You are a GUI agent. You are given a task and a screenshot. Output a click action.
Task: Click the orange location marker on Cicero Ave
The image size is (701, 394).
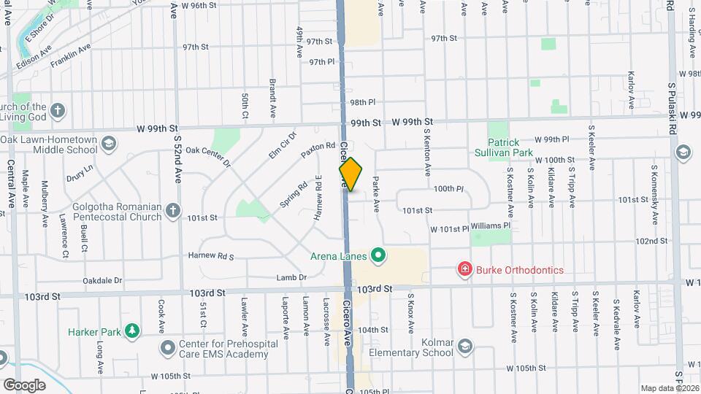pyautogui.click(x=350, y=174)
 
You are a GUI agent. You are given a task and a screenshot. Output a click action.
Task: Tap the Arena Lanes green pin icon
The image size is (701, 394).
pyautogui.click(x=378, y=255)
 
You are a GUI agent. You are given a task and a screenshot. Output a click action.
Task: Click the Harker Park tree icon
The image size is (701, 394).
pyautogui.click(x=131, y=331)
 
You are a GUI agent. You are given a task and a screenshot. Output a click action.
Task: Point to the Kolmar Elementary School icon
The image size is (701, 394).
pyautogui.click(x=464, y=347)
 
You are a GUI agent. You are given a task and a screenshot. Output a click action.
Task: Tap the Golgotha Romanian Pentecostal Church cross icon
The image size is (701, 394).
pyautogui.click(x=173, y=211)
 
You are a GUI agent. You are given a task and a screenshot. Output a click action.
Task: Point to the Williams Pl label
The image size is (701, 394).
pyautogui.click(x=496, y=226)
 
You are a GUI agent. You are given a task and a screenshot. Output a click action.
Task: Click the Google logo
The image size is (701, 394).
pyautogui.click(x=24, y=385)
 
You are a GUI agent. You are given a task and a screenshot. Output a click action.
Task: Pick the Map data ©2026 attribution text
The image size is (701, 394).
pyautogui.click(x=669, y=388)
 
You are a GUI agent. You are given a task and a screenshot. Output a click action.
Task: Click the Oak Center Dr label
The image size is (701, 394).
pyautogui.click(x=207, y=155)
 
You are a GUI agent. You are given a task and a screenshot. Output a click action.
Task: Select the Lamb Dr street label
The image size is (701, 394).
pyautogui.click(x=291, y=277)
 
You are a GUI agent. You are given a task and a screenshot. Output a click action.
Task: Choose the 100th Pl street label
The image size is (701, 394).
pyautogui.click(x=448, y=188)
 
